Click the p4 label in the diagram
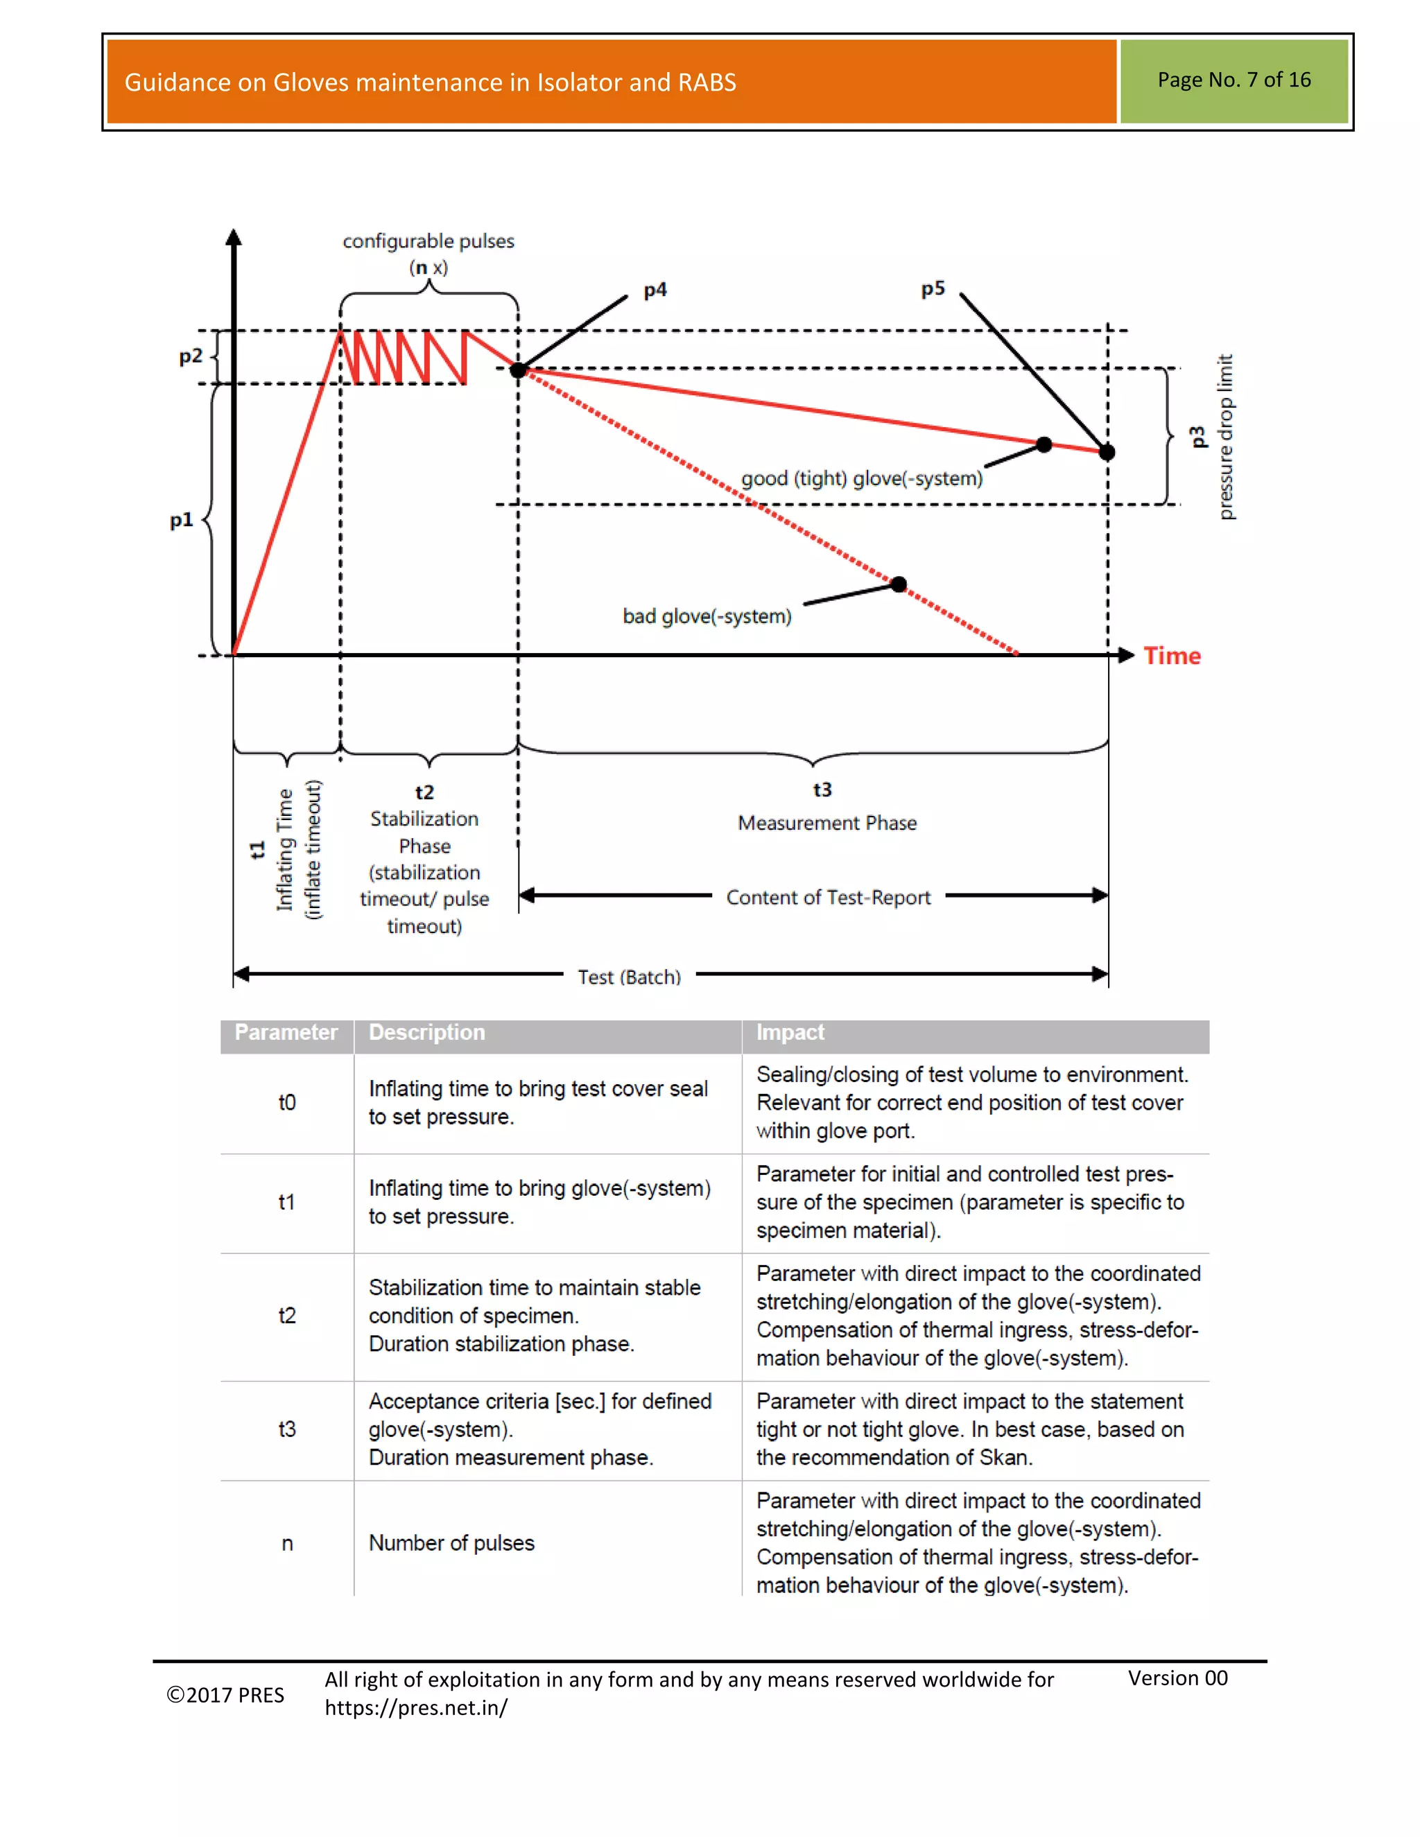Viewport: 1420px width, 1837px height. (655, 290)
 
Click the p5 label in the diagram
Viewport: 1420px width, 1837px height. (932, 289)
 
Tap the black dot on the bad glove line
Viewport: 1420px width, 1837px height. (899, 584)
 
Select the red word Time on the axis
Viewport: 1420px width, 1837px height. (1172, 656)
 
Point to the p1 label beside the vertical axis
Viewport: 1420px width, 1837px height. (181, 520)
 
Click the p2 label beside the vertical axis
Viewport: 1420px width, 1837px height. (191, 356)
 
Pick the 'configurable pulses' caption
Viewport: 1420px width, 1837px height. (428, 241)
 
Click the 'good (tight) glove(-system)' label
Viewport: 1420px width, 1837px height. (861, 478)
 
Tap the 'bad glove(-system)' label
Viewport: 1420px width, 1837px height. (707, 616)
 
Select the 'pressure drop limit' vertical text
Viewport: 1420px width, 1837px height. (1226, 437)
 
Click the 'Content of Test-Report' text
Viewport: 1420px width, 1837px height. (828, 898)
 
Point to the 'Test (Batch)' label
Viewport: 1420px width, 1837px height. (630, 977)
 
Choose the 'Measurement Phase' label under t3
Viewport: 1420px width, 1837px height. (827, 823)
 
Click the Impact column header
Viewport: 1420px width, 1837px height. (790, 1032)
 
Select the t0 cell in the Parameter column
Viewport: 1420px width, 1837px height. (287, 1103)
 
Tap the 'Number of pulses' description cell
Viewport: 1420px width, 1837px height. (452, 1542)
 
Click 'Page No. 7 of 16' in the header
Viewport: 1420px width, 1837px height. (1233, 80)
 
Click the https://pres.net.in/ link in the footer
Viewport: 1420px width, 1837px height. (415, 1707)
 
